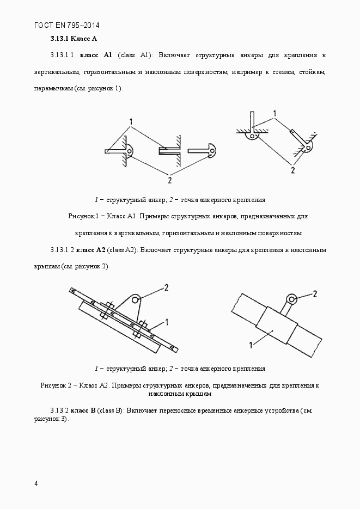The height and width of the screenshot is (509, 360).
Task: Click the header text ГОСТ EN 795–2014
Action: tap(66, 25)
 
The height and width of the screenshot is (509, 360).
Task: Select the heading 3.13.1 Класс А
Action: tap(74, 39)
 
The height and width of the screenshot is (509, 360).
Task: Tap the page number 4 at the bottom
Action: tap(36, 483)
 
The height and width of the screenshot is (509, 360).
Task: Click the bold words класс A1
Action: tap(96, 55)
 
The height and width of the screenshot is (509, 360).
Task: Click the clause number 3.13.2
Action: tap(58, 409)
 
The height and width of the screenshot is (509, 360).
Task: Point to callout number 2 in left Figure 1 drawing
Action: tap(170, 179)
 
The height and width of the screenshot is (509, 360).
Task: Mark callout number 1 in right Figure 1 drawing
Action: tap(275, 113)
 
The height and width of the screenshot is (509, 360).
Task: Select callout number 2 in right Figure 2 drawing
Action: tap(315, 294)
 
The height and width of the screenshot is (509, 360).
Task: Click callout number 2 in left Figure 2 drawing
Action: tap(166, 286)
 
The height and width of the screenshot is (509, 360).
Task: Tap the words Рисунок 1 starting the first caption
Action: tap(82, 216)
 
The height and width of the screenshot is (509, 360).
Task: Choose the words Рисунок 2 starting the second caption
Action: tap(55, 385)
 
